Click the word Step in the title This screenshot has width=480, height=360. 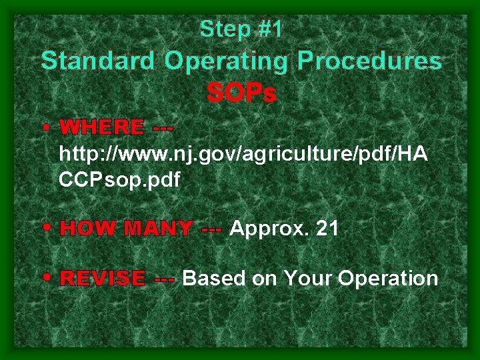click(219, 29)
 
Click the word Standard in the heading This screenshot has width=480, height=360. click(98, 61)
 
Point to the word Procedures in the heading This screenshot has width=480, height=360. click(369, 61)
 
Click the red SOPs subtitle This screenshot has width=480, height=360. click(241, 94)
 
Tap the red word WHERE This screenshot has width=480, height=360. click(101, 127)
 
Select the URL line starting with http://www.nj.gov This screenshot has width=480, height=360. click(243, 154)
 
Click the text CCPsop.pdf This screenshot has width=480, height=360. click(119, 181)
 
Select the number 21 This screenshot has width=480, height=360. click(327, 229)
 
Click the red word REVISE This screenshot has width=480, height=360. click(102, 278)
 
